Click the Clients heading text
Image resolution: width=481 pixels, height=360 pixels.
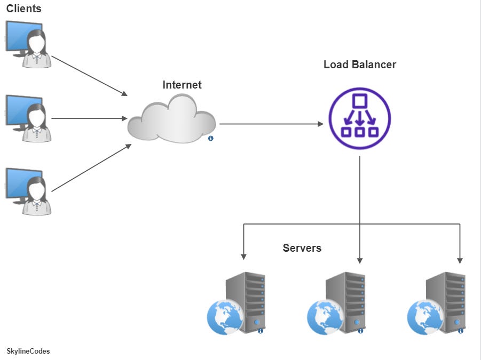coord(23,9)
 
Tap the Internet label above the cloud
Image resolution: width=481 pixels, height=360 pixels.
coord(182,85)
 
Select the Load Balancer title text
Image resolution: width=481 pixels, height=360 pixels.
coord(360,65)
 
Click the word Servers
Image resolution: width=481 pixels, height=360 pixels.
coord(302,248)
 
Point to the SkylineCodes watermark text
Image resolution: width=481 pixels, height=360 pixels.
coord(28,351)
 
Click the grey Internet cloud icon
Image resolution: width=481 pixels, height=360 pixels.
coord(171,119)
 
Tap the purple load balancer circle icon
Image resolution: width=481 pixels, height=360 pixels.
coord(360,119)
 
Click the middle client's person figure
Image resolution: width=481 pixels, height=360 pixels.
coord(37,124)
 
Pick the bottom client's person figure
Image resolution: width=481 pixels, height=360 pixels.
coord(37,197)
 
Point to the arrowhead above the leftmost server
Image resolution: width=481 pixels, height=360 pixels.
coord(244,256)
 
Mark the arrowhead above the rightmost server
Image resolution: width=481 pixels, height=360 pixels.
coord(460,260)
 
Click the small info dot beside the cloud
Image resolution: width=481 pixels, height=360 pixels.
coord(211,138)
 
